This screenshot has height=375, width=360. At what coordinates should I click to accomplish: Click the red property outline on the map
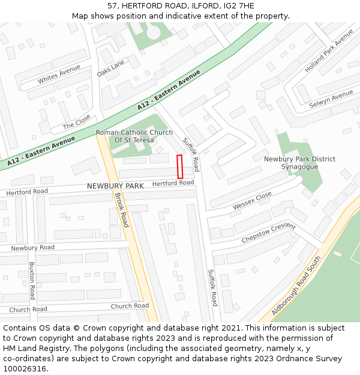tap(179, 166)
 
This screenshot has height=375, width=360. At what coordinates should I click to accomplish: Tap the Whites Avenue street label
tap(59, 75)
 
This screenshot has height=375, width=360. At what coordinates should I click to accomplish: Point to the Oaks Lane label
tap(111, 68)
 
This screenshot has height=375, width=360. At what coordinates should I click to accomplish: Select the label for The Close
tap(77, 122)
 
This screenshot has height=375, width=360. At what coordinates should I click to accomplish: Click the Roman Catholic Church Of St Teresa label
tap(134, 136)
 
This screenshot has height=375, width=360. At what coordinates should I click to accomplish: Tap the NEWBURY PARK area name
tap(115, 186)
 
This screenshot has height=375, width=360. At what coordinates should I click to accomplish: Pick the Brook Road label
tap(122, 210)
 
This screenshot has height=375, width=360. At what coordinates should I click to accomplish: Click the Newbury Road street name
tap(32, 247)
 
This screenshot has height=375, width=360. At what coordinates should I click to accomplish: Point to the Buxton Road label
tap(32, 280)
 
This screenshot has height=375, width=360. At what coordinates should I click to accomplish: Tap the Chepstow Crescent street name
tap(268, 233)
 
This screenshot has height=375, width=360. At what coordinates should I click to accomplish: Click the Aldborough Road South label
tap(296, 286)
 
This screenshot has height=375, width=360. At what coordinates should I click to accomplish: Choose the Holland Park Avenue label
tap(329, 50)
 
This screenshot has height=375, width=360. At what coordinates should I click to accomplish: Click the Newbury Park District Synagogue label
tap(300, 163)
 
